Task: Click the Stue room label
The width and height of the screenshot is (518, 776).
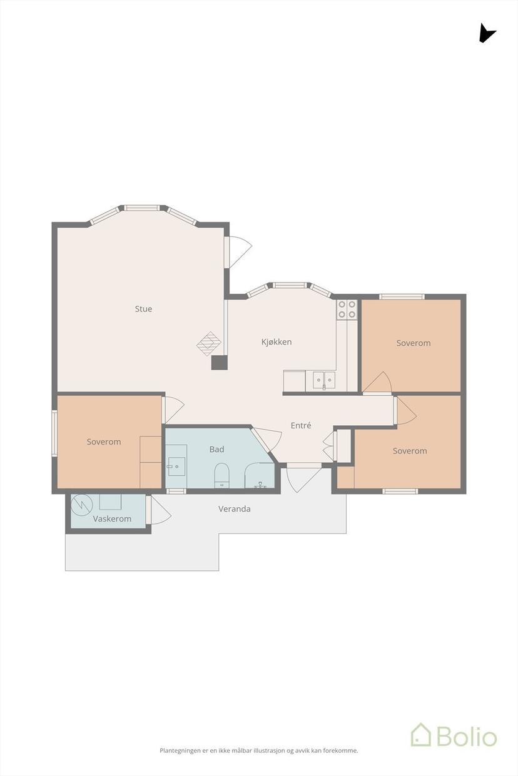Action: (x=143, y=309)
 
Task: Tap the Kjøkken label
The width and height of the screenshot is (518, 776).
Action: (x=276, y=342)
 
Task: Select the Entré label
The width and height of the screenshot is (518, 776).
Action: (x=301, y=425)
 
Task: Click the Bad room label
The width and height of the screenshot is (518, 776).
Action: (x=216, y=450)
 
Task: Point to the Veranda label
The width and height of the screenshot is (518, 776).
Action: (x=234, y=509)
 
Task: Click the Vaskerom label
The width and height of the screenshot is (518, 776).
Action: (x=112, y=518)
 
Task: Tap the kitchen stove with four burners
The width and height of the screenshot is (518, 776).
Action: (x=347, y=310)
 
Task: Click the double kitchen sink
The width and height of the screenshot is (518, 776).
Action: (x=324, y=381)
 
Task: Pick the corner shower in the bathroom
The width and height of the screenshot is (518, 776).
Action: (x=260, y=475)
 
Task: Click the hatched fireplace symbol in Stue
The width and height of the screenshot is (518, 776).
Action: (x=209, y=344)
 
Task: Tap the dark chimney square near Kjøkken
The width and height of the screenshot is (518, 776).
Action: (x=220, y=363)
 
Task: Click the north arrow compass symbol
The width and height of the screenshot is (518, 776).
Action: (x=486, y=34)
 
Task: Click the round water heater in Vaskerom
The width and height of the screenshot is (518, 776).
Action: (x=82, y=505)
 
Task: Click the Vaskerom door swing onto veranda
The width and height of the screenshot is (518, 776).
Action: (x=159, y=510)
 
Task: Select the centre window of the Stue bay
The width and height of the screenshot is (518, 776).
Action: (x=142, y=208)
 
